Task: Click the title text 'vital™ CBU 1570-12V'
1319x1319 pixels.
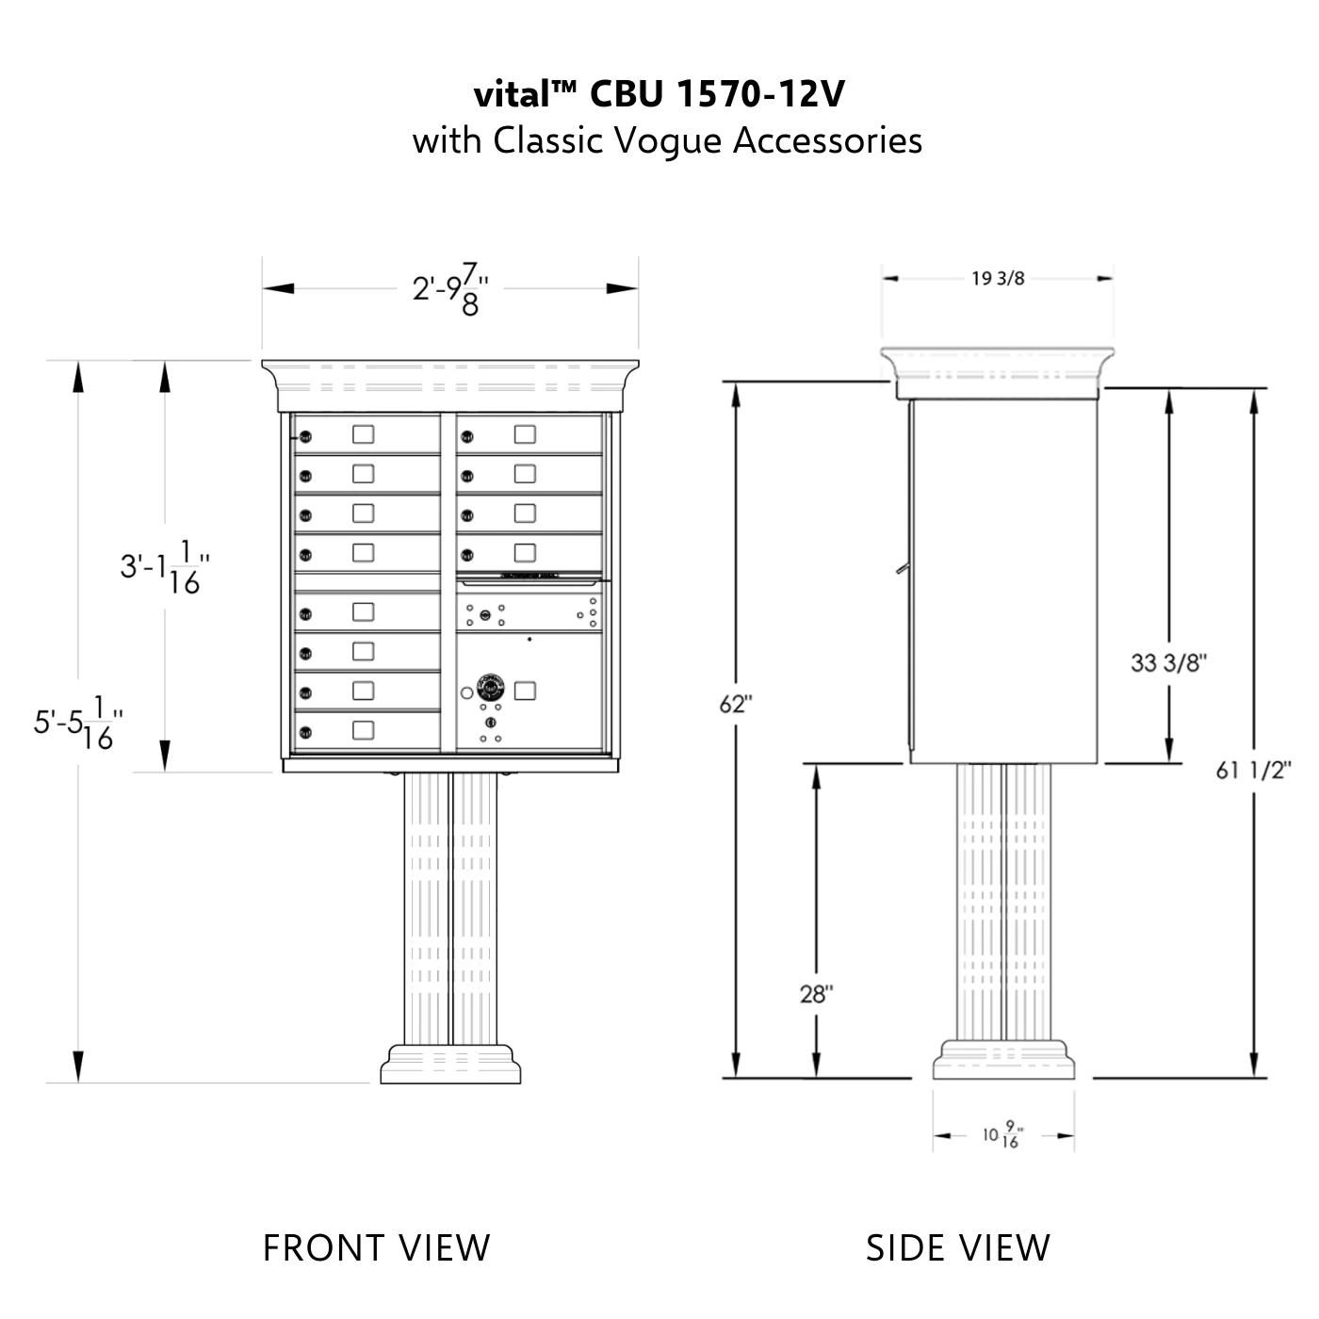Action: point(659,94)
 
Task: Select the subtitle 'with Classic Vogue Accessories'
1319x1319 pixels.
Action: point(667,141)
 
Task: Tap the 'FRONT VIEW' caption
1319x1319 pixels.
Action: point(377,1246)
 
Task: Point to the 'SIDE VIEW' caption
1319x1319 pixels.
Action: point(957,1246)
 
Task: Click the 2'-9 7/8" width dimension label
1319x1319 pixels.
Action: point(450,289)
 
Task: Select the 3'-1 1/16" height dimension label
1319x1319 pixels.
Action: point(164,567)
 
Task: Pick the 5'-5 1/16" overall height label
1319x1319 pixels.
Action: point(78,723)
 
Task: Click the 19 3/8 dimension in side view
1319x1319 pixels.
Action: point(998,279)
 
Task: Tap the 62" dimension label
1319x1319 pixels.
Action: point(736,704)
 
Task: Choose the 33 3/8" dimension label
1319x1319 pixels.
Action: point(1168,662)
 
